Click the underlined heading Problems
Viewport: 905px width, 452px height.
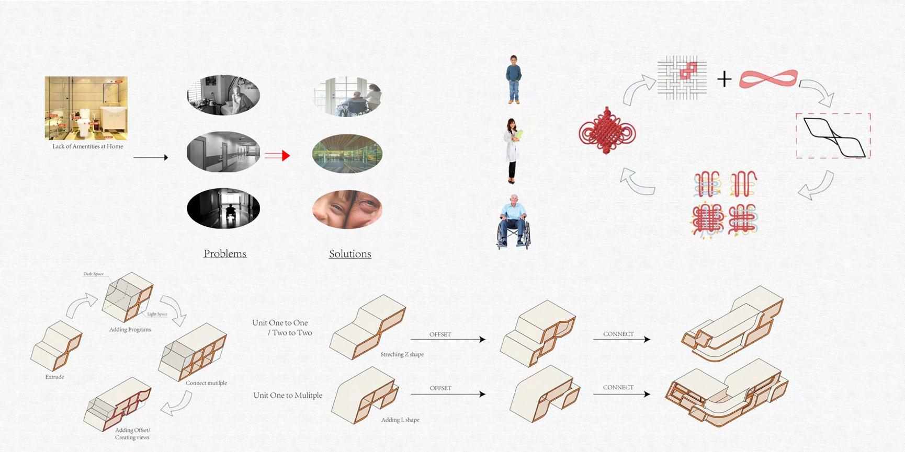(x=225, y=254)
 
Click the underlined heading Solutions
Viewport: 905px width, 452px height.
(x=350, y=254)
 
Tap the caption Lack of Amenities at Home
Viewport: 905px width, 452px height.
(x=88, y=147)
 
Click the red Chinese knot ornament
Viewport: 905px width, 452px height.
(x=607, y=131)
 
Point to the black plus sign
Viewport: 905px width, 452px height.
(x=724, y=79)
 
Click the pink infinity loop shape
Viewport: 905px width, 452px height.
(x=768, y=79)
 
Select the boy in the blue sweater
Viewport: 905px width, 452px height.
(x=514, y=79)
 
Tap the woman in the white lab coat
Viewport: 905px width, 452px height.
(x=513, y=150)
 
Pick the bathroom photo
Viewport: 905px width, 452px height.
(x=86, y=108)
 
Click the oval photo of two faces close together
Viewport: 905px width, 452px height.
(x=347, y=209)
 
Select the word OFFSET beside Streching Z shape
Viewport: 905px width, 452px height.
(x=440, y=334)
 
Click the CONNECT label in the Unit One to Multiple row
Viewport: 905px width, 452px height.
(x=618, y=388)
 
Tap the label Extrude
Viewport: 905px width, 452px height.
(x=54, y=377)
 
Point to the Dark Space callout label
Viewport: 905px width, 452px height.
(x=93, y=274)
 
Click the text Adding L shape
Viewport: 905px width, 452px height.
(x=400, y=420)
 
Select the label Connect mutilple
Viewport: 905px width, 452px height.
(x=206, y=383)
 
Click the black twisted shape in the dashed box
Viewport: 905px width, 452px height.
(x=833, y=137)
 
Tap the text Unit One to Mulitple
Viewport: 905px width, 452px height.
(x=288, y=396)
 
